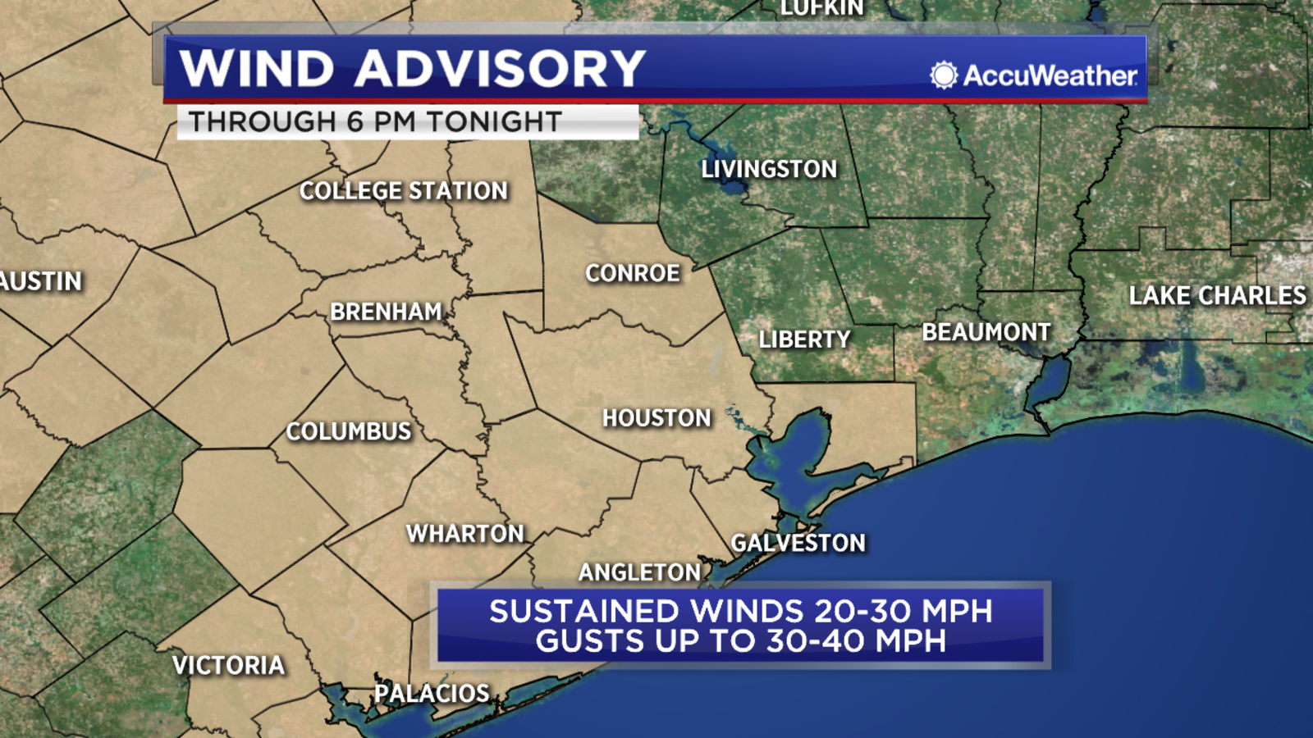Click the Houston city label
coord(656,418)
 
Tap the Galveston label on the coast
coord(798,543)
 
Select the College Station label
coord(404,191)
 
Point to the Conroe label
coord(633,273)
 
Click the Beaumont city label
coord(986,332)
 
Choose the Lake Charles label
coord(1217,296)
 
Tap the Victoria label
coord(229,665)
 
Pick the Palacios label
coord(432,694)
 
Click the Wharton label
coord(465,534)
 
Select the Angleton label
coord(640,572)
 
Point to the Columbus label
coord(349,431)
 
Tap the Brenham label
coord(386,312)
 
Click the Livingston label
coord(769,170)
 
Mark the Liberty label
coord(804,339)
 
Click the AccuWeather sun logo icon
coord(944,75)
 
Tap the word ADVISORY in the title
coord(501,68)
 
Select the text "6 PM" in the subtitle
coord(382,122)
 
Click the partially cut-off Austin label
coord(41,281)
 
